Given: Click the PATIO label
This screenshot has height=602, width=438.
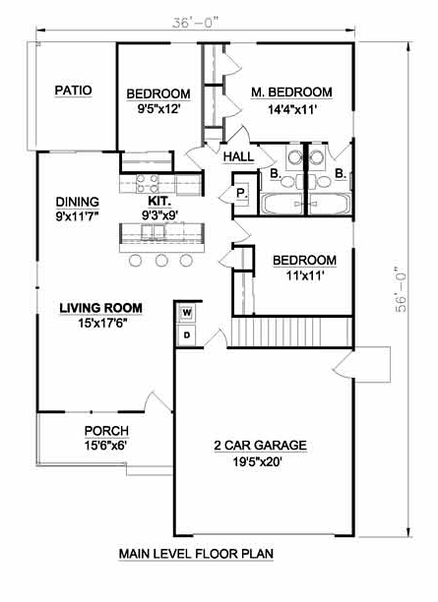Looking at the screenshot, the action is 73,90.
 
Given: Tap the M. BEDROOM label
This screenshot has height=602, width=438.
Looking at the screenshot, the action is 291,92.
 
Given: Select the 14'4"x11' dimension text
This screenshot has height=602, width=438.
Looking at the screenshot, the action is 292,110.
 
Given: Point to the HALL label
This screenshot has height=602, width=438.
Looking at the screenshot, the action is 238,156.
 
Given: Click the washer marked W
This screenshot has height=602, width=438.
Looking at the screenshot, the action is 187,313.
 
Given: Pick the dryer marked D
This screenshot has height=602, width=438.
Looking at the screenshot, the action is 187,335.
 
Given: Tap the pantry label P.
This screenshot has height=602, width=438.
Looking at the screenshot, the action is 241,193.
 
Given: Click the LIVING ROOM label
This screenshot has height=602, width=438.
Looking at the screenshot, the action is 101,308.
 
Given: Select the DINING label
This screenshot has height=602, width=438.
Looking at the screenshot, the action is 77,202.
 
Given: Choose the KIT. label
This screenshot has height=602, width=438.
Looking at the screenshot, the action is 159,201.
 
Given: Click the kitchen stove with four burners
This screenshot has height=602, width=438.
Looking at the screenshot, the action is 148,184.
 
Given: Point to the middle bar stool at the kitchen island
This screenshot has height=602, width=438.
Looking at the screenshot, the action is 161,261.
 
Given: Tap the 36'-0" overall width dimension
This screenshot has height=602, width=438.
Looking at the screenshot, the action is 195,23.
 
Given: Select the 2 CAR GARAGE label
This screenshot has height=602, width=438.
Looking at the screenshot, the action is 260,446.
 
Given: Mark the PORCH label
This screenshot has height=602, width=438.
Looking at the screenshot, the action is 106,431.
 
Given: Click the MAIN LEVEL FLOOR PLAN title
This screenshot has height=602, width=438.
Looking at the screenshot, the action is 196,554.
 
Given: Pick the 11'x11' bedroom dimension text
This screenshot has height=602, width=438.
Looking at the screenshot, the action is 305,275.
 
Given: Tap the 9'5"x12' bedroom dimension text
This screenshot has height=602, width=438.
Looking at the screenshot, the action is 159,109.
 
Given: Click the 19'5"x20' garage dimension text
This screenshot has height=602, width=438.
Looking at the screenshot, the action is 258,461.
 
